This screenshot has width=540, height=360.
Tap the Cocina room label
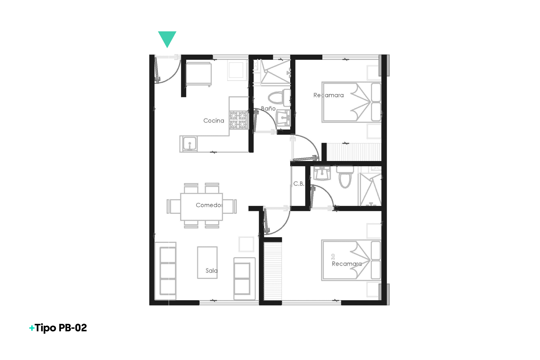[x=214, y=121]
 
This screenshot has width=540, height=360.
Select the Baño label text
[x=268, y=108]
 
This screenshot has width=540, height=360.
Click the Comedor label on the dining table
[x=209, y=205]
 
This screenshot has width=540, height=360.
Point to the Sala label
[x=212, y=270]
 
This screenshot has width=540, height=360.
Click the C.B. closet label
[x=299, y=184]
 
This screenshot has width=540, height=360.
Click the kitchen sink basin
[x=189, y=144]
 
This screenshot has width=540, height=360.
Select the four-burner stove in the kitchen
[x=238, y=120]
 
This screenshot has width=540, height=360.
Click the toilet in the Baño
[x=279, y=97]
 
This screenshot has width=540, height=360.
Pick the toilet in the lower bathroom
[x=345, y=177]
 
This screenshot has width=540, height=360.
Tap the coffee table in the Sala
[x=207, y=262]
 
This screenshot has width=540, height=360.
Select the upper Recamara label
[x=328, y=95]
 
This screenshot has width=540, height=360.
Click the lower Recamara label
[x=347, y=264]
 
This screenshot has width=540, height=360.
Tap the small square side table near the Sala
[x=246, y=244]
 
